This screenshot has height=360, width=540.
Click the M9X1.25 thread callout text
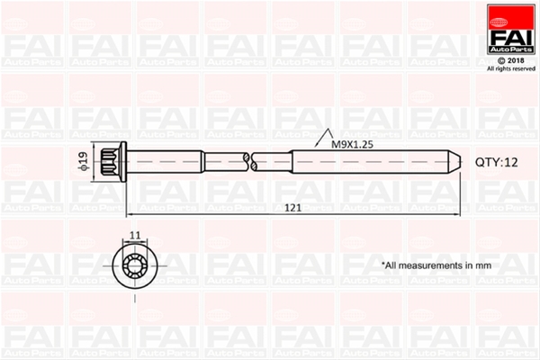click(x=352, y=144)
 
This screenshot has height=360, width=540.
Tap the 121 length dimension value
click(x=293, y=208)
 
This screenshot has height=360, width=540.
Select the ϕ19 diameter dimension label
click(x=84, y=161)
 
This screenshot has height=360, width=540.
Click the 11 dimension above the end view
click(x=135, y=235)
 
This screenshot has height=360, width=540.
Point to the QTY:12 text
click(x=496, y=162)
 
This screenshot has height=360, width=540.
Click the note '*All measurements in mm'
click(x=436, y=265)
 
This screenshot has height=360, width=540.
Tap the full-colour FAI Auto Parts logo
click(x=510, y=30)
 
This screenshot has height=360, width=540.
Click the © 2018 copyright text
click(x=511, y=60)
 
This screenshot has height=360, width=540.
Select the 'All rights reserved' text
click(x=511, y=69)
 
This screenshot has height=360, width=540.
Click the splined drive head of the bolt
click(x=110, y=162)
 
